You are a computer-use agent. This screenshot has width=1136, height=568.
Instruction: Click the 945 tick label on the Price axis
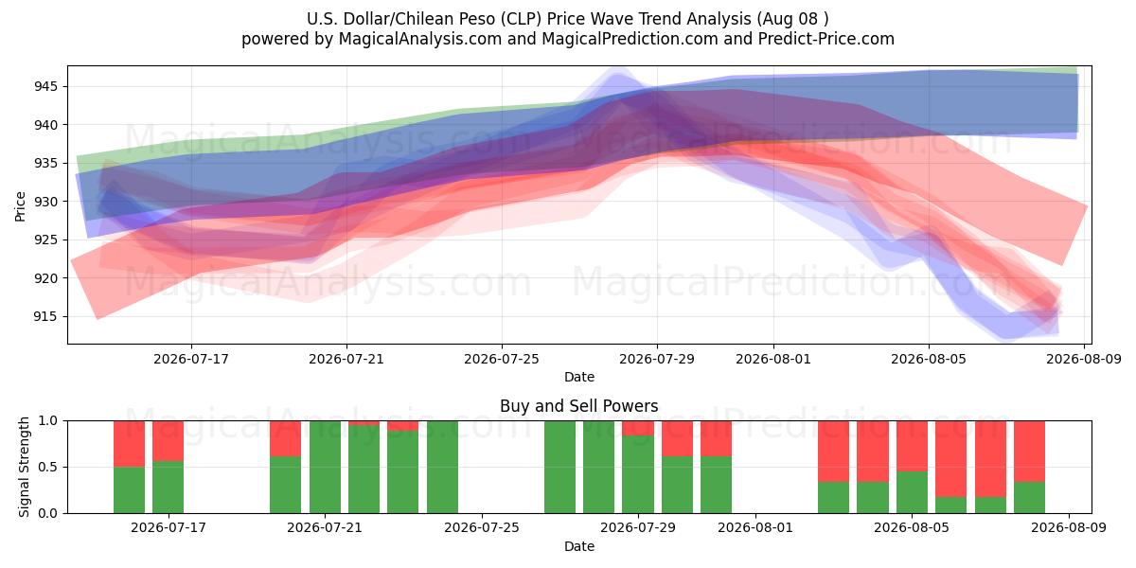tap(45, 87)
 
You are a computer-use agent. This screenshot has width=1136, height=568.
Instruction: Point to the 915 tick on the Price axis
tap(45, 316)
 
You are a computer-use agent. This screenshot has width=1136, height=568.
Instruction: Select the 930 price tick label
tap(45, 202)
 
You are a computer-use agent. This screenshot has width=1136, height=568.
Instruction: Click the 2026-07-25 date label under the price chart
tap(502, 359)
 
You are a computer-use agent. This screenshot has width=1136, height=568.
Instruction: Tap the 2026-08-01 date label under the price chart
tap(773, 359)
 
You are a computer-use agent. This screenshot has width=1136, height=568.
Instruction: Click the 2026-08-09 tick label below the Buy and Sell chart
tap(1069, 527)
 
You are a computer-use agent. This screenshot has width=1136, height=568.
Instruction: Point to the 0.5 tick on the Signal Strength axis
tap(48, 467)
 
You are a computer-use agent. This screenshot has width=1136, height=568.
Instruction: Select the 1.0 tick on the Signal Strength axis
tap(48, 421)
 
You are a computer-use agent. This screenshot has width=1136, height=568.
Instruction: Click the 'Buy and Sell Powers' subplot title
tap(579, 406)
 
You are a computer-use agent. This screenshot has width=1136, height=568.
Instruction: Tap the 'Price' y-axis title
tap(20, 206)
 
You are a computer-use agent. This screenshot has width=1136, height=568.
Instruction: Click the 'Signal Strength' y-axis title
tap(24, 467)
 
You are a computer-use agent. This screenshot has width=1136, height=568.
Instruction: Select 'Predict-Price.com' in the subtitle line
tap(826, 39)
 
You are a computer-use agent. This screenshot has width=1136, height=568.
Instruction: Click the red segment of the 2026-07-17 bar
tap(168, 441)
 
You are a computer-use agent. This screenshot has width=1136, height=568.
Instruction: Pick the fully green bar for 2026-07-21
tap(325, 467)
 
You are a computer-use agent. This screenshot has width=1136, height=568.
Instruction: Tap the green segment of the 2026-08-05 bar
tap(912, 492)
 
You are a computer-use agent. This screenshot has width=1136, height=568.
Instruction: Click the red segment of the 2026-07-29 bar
tap(638, 428)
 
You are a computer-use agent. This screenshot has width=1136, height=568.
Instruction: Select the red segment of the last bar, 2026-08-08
tap(1030, 452)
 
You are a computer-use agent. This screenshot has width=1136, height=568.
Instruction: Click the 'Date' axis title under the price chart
tap(579, 377)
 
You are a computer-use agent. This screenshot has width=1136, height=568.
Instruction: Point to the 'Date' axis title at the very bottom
tap(579, 546)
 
